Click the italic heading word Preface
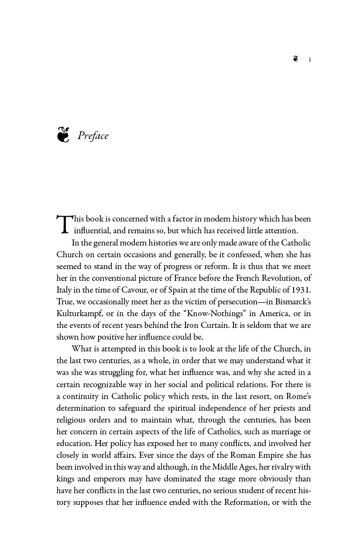point(93,136)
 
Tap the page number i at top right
point(310,59)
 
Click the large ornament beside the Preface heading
point(63,135)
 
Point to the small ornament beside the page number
point(296,59)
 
